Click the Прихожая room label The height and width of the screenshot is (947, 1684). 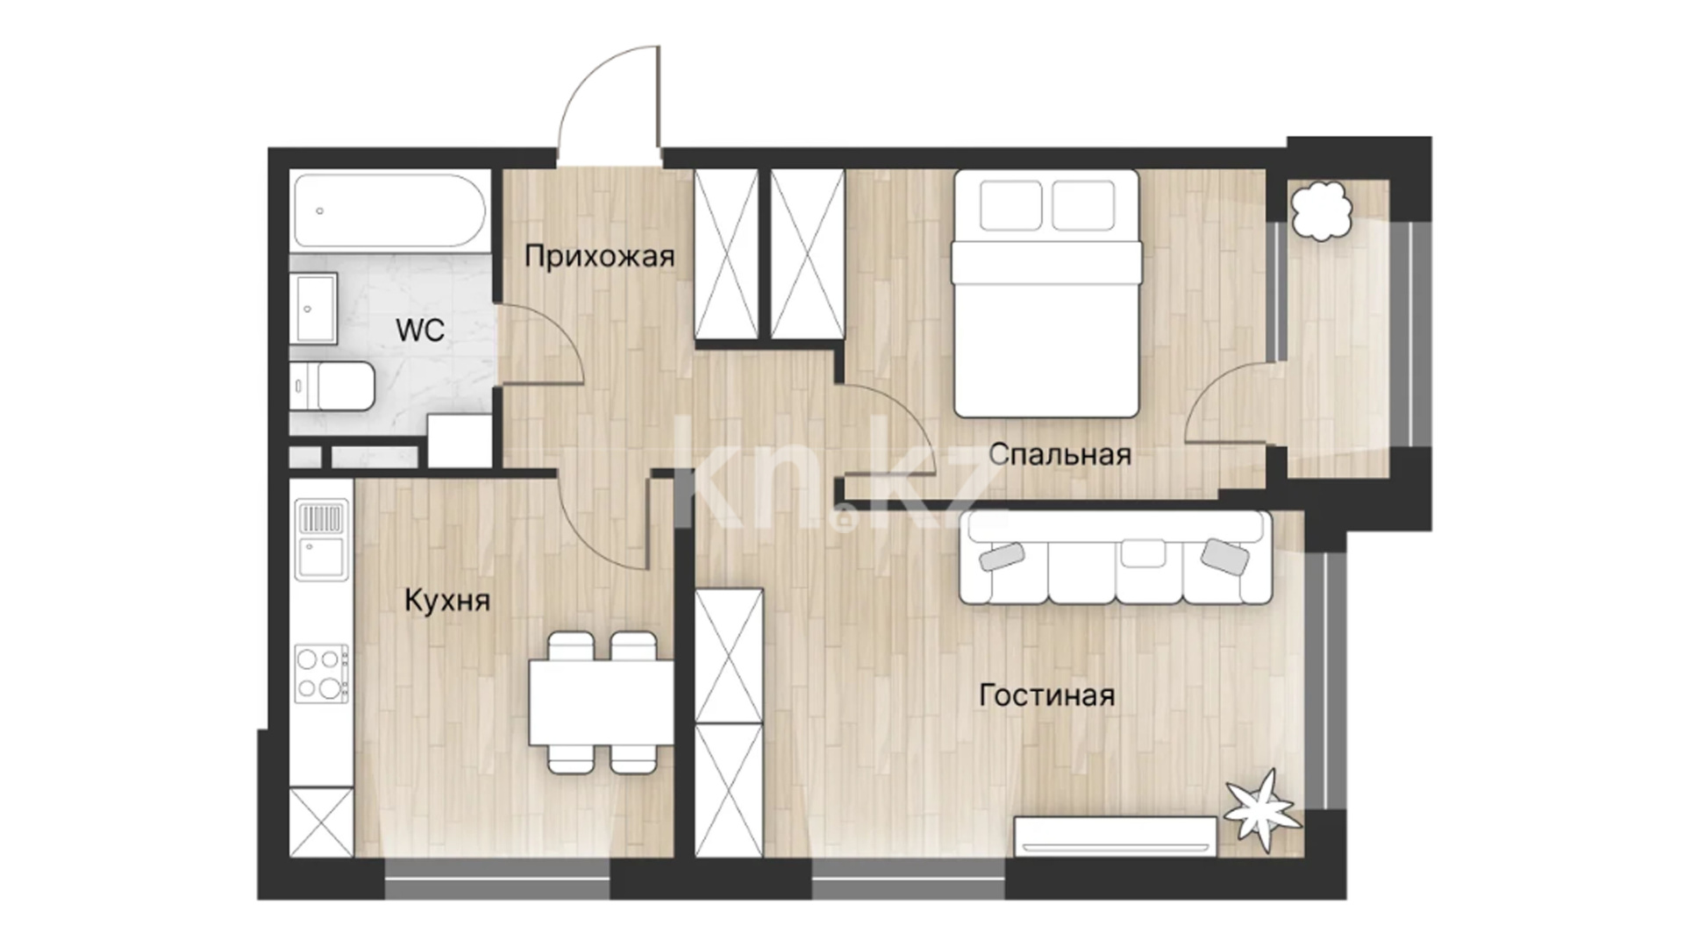tap(600, 256)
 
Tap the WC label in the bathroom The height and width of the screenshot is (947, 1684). tap(420, 331)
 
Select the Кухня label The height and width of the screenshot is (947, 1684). tap(447, 601)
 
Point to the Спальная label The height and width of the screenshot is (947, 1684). tap(1060, 454)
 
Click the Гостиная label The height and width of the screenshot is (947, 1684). tap(1047, 695)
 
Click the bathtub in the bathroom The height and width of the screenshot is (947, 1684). tap(390, 210)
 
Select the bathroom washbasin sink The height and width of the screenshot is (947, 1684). tap(316, 309)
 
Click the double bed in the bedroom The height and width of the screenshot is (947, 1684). tap(1046, 293)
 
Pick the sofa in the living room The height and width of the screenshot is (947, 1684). tap(1116, 558)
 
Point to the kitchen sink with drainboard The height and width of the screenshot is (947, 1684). tap(321, 539)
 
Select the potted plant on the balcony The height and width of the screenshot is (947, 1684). tap(1320, 210)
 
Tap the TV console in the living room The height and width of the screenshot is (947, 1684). tap(1116, 836)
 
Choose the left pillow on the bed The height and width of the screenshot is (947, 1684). tap(1011, 205)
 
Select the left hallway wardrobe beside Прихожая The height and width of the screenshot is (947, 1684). tap(726, 253)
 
